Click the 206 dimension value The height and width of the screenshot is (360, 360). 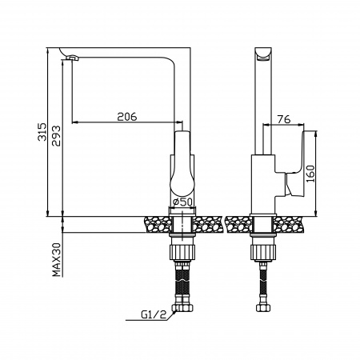click(x=127, y=117)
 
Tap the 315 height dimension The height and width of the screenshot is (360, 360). click(x=42, y=132)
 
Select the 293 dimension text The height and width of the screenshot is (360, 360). click(x=56, y=136)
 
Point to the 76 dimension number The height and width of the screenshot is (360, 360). click(x=284, y=119)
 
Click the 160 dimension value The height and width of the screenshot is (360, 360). click(x=310, y=174)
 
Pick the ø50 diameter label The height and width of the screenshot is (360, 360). click(x=182, y=202)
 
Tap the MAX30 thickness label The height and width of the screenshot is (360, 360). click(x=57, y=259)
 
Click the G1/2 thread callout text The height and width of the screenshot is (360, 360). click(x=154, y=314)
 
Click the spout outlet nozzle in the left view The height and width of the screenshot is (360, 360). click(x=72, y=58)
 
